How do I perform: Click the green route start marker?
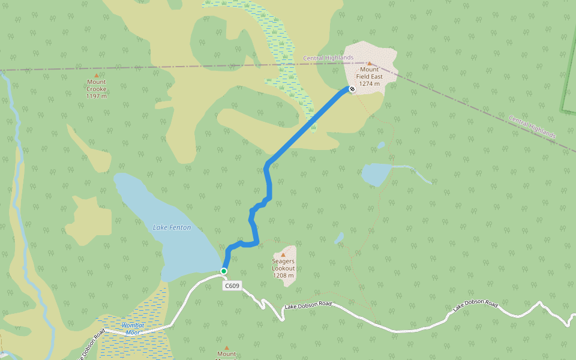(x=224, y=271)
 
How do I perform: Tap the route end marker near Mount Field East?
(x=352, y=89)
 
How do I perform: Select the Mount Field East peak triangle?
(x=370, y=63)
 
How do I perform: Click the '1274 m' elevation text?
(x=370, y=84)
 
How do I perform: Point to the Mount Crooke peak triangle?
(x=96, y=76)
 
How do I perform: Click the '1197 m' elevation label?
(x=96, y=96)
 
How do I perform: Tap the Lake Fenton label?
(x=172, y=227)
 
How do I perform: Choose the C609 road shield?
(x=232, y=286)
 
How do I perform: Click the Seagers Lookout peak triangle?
(x=283, y=255)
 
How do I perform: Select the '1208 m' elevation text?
(x=283, y=275)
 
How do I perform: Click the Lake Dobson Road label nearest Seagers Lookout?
(x=308, y=305)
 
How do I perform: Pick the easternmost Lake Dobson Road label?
(x=475, y=306)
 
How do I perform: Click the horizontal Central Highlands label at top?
(x=328, y=58)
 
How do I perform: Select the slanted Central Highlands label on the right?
(x=532, y=127)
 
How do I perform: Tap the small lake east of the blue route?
(x=376, y=175)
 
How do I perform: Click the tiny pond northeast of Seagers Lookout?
(x=340, y=238)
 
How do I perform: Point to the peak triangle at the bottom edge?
(x=226, y=348)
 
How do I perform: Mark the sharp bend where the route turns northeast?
(x=268, y=163)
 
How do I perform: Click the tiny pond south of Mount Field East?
(x=381, y=145)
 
